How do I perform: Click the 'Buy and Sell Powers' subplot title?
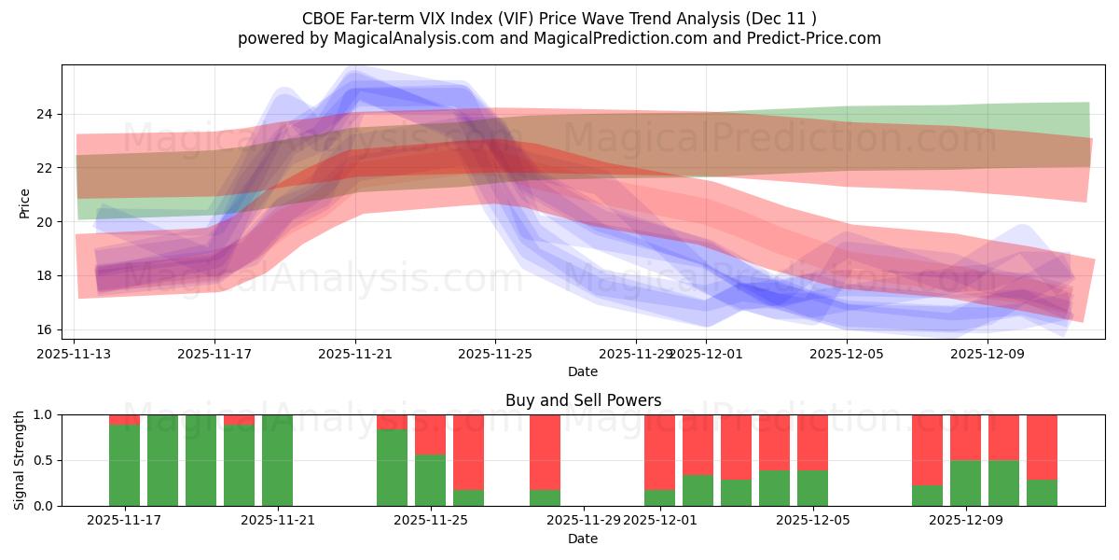(x=583, y=400)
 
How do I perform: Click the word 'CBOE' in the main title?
(x=326, y=18)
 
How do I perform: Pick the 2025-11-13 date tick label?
(x=75, y=355)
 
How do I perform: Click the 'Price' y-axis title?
(x=24, y=203)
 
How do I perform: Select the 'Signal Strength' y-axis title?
(x=20, y=460)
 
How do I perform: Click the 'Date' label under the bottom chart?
(x=583, y=539)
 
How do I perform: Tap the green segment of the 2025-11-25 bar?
(x=430, y=480)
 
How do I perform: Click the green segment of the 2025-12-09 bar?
(x=965, y=483)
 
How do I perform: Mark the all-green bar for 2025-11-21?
(x=277, y=460)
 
